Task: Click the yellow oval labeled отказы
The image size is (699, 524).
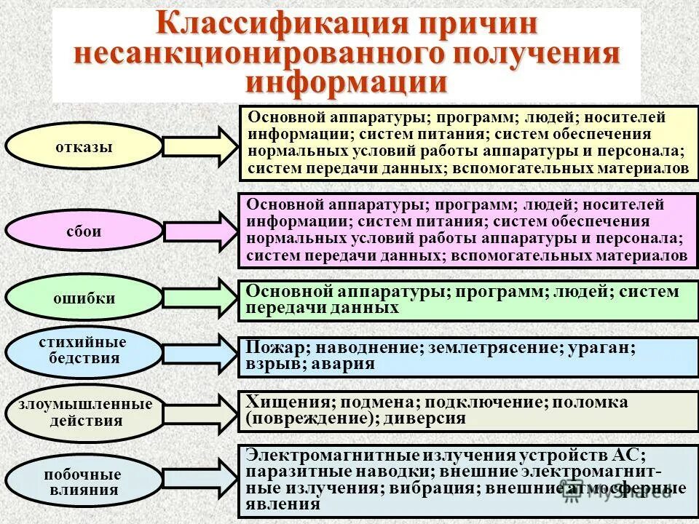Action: click(x=84, y=146)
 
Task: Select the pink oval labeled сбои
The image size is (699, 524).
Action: click(x=84, y=231)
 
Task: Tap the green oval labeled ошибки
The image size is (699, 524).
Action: click(x=84, y=298)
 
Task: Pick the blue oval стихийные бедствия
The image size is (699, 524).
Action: click(x=84, y=351)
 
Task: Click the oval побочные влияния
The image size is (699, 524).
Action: click(x=84, y=482)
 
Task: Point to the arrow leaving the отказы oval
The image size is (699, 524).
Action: click(x=200, y=146)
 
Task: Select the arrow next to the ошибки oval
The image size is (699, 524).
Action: click(x=200, y=298)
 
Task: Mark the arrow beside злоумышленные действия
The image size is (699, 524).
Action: click(x=200, y=413)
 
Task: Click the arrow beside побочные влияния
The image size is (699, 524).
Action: click(x=200, y=481)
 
